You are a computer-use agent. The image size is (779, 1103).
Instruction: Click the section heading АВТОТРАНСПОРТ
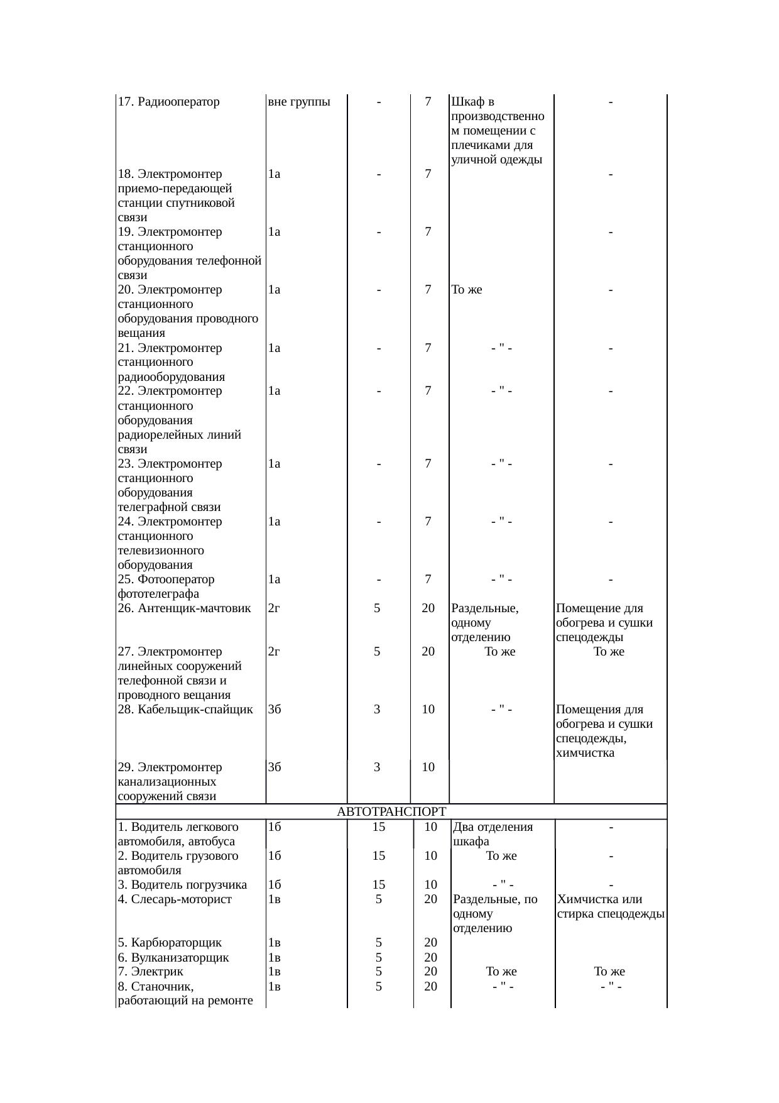391,812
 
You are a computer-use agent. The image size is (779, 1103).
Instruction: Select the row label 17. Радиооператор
168,102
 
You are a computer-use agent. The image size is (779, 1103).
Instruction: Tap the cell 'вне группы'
299,102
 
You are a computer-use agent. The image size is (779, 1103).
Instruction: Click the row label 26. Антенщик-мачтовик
184,608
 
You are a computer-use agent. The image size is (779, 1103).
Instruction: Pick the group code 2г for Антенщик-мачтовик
274,608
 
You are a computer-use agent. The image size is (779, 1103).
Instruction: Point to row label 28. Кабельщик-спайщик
185,710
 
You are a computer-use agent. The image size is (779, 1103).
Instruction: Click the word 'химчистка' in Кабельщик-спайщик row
585,753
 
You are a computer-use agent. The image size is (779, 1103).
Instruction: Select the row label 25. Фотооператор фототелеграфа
166,586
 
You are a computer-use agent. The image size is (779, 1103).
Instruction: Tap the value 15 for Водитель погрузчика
378,885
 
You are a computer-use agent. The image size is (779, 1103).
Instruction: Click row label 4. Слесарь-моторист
175,899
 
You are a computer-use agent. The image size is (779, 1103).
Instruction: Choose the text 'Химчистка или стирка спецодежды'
610,906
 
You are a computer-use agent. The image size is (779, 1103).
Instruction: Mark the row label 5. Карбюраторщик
170,943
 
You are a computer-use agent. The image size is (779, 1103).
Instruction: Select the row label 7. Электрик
150,972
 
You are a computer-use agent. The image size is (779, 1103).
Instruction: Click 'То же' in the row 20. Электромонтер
467,290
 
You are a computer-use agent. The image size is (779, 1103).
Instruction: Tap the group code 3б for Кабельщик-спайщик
274,710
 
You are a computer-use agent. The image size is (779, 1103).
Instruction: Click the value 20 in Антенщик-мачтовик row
428,608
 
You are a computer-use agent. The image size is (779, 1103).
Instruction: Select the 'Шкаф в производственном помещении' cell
497,131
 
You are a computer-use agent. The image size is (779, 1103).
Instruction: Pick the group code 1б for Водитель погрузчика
274,885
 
